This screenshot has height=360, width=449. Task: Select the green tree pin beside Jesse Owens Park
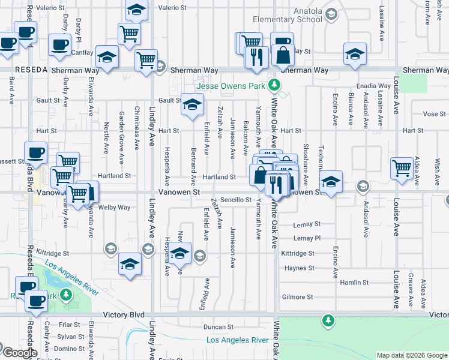coord(274,85)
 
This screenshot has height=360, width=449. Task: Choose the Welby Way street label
coord(115,208)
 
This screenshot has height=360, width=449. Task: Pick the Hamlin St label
coord(354,283)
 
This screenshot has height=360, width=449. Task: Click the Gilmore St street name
coord(298,297)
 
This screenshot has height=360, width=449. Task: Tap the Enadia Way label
coord(373,86)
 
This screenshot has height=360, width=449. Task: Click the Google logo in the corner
coord(20,353)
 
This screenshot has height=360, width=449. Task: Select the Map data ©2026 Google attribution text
coord(412,355)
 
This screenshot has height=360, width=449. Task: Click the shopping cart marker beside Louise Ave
coord(402,167)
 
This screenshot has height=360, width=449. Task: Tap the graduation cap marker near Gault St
coord(192,106)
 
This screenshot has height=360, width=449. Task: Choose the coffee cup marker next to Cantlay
coord(59,44)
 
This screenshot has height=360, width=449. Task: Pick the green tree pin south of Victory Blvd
coord(328,320)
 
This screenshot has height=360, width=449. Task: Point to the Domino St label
coord(69,349)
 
